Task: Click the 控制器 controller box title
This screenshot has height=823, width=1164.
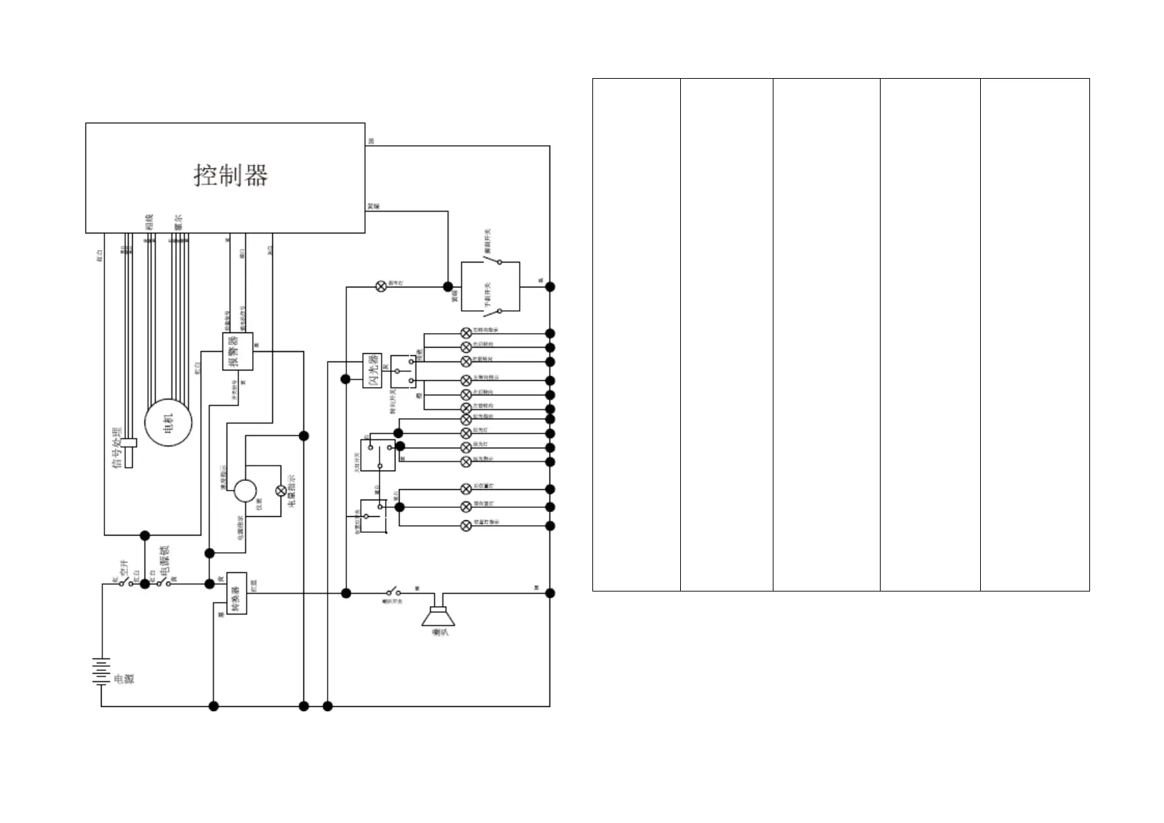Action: [230, 175]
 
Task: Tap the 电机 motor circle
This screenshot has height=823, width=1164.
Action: [168, 422]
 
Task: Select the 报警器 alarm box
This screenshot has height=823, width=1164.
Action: [237, 351]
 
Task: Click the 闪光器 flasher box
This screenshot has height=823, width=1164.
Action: [372, 370]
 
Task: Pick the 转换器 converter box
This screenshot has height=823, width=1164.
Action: [236, 594]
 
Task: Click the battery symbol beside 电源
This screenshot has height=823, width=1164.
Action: [102, 672]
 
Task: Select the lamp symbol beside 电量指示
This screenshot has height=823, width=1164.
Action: [281, 490]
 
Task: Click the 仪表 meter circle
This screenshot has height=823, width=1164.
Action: [245, 491]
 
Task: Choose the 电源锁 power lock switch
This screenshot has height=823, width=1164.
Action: [164, 583]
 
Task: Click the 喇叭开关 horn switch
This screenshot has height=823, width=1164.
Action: [393, 592]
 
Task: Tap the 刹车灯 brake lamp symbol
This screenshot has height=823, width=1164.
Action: [380, 286]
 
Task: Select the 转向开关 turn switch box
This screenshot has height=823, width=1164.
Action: [404, 372]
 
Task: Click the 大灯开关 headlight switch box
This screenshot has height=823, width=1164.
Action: [378, 455]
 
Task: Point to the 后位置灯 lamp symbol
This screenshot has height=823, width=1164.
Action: [466, 489]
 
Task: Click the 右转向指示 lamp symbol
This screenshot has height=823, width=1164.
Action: [466, 332]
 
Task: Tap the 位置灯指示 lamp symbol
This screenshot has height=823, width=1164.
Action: [466, 525]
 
